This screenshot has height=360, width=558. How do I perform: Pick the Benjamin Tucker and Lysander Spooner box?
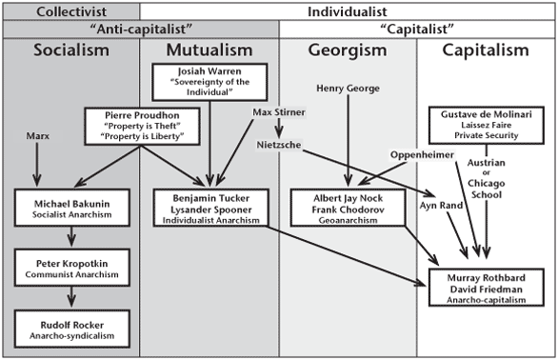tap(209, 207)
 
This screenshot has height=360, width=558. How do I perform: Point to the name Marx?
tap(38, 136)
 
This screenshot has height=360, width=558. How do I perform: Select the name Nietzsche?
tap(278, 146)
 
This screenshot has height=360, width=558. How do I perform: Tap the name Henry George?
tap(349, 89)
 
